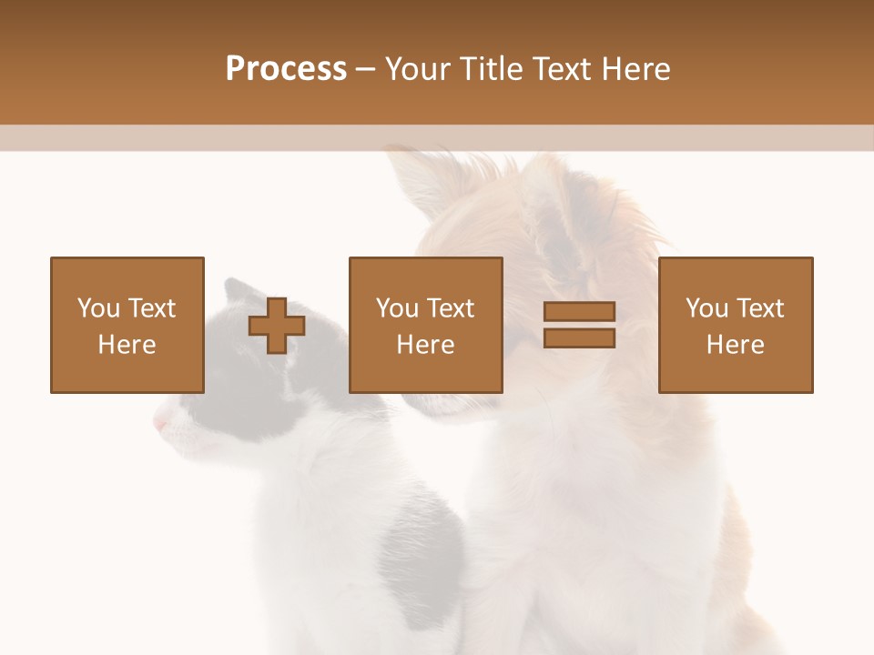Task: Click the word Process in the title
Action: (x=286, y=69)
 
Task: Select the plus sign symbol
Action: (x=277, y=326)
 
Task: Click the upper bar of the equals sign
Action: (x=579, y=312)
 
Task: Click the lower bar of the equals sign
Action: (x=579, y=338)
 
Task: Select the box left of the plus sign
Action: (x=127, y=325)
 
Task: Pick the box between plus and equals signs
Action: (x=425, y=325)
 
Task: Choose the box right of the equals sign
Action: (x=735, y=325)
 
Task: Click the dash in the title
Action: (x=365, y=70)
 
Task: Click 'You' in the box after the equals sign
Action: (x=706, y=308)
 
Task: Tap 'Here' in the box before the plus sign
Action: (x=127, y=345)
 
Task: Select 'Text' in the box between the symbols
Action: (x=451, y=308)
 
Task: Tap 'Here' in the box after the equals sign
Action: (x=735, y=345)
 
